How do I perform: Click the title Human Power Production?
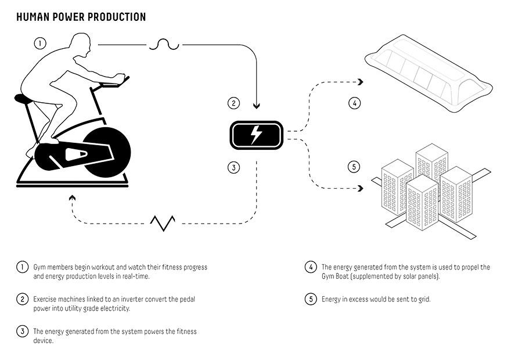[81, 17]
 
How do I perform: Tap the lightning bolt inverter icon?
[255, 135]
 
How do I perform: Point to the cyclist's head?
[79, 44]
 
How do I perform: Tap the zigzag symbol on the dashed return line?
[163, 223]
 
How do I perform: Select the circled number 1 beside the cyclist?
[39, 43]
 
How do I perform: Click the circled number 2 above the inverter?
[233, 104]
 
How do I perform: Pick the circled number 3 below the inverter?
[233, 168]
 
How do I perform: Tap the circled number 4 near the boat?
[354, 104]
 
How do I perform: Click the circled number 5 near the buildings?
[354, 167]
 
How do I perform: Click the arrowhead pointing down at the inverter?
[256, 106]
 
